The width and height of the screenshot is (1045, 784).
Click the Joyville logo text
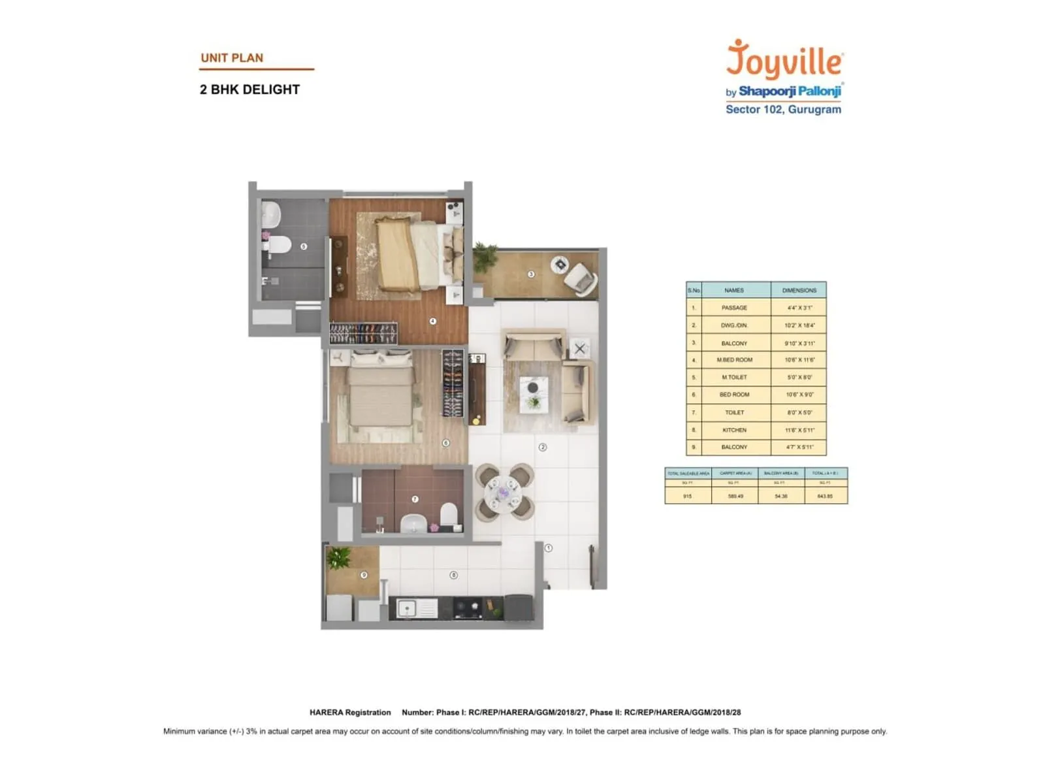[x=784, y=60]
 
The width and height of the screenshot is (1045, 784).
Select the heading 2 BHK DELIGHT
[x=249, y=90]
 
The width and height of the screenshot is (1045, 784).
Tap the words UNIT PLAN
[x=232, y=57]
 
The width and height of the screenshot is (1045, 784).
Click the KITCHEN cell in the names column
[x=734, y=430]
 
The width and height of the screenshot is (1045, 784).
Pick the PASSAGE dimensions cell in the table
[x=799, y=308]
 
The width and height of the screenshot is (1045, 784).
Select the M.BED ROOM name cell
[x=734, y=360]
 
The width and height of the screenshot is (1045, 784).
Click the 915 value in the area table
[x=687, y=497]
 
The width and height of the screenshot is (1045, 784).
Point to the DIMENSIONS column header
[x=799, y=290]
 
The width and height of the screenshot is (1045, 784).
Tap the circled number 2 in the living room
[x=542, y=448]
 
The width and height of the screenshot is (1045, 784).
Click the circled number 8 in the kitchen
[x=453, y=575]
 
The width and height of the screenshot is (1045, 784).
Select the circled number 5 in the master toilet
[x=303, y=246]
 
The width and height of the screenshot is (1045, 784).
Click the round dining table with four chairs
[x=504, y=492]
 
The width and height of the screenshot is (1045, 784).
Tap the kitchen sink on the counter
[x=408, y=609]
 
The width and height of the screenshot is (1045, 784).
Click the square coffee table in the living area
[x=534, y=395]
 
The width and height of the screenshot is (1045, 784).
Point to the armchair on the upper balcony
[x=579, y=279]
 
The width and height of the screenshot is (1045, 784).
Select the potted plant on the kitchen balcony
[x=339, y=559]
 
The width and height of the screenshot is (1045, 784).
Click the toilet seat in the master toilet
[x=279, y=245]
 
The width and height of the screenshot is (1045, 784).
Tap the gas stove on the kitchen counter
[x=468, y=608]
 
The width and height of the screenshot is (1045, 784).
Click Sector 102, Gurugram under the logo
[x=783, y=110]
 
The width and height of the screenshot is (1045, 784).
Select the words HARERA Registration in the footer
[x=350, y=712]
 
